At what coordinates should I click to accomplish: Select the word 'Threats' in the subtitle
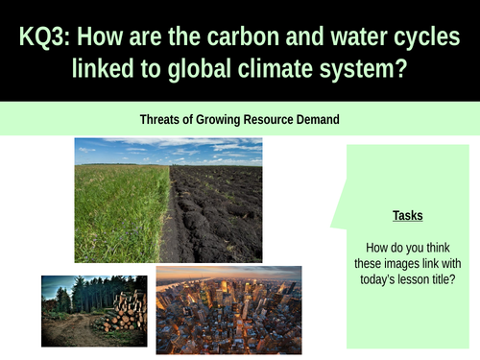coord(160,119)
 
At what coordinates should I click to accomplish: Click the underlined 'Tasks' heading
coord(407,217)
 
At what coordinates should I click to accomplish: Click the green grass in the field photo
coord(120,206)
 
